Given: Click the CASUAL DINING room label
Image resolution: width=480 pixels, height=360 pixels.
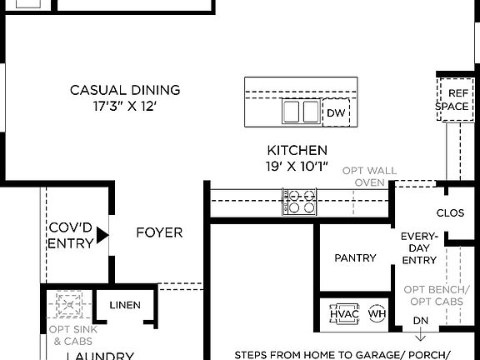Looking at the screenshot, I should click(x=124, y=90).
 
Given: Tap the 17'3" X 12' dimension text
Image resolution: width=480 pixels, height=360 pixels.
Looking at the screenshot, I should click(x=124, y=107).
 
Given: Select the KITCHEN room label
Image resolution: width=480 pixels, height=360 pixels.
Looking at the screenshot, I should click(x=297, y=150).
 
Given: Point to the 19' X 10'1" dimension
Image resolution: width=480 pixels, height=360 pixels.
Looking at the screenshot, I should click(x=297, y=167).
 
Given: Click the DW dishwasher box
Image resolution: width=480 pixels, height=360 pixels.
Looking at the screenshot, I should click(x=335, y=112).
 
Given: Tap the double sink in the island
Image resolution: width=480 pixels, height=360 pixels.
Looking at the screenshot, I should click(x=301, y=112).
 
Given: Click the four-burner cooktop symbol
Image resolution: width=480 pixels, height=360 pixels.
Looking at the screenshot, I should click(x=300, y=202).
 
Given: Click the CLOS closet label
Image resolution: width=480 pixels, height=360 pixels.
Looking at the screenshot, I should click(x=450, y=213).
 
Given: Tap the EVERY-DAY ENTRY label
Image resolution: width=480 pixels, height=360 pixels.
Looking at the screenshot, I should click(x=419, y=248).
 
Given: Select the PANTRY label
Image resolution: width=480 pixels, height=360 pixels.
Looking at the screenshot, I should click(x=355, y=258).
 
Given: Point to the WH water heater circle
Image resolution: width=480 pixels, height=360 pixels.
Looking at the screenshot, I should click(x=377, y=313).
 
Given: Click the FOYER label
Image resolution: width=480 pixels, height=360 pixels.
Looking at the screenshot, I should click(x=159, y=232).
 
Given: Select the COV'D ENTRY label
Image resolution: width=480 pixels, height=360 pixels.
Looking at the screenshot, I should click(x=70, y=234).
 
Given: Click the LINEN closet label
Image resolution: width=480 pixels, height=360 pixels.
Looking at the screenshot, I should click(x=125, y=305).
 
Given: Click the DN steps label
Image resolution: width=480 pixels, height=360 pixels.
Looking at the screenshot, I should click(x=421, y=321).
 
